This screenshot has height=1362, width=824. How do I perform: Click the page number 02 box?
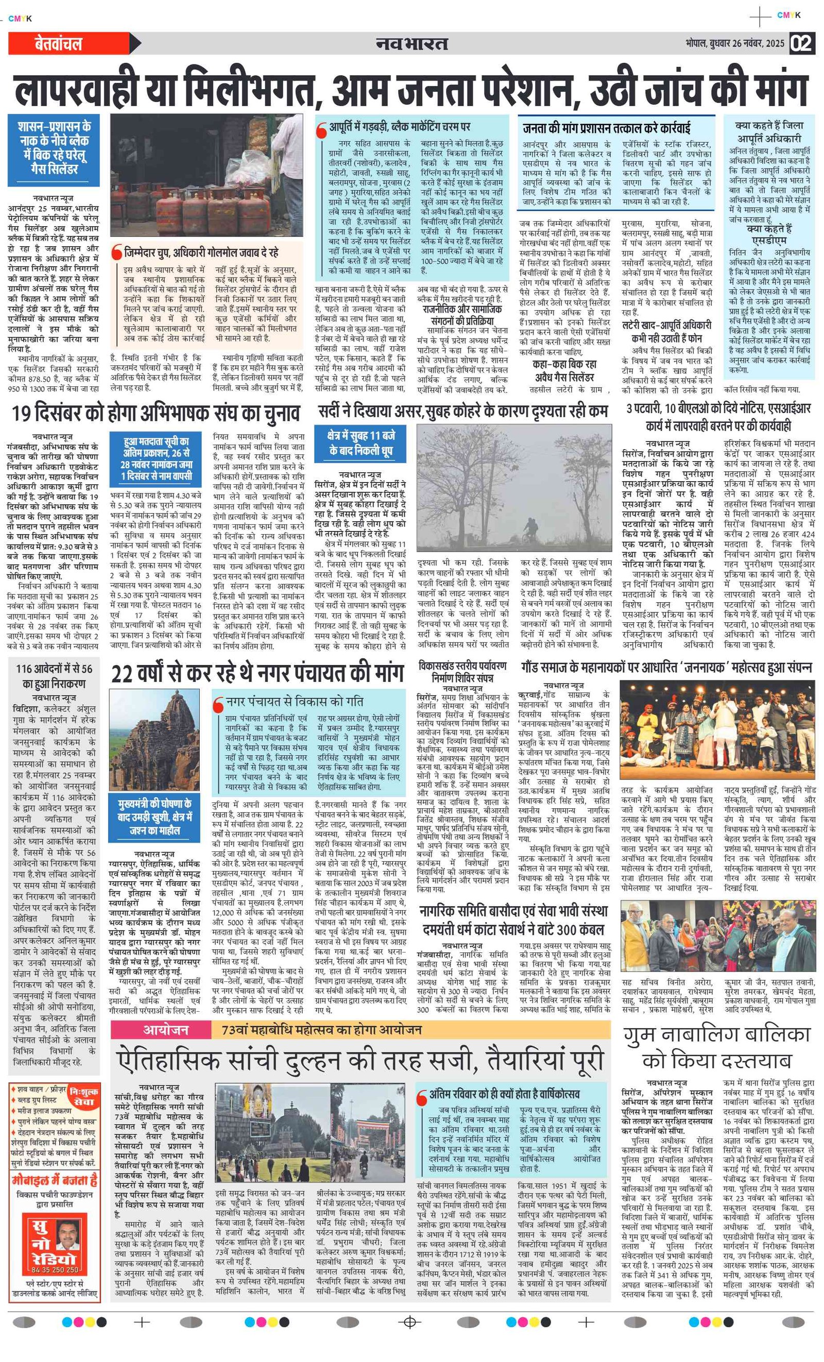point(802,43)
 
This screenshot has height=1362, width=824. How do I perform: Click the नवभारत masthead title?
point(411,43)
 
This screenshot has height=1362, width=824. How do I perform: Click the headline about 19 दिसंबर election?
point(157,413)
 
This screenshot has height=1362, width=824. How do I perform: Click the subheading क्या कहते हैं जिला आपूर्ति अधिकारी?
point(769,131)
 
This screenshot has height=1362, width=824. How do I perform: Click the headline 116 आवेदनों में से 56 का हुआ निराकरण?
point(54,675)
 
